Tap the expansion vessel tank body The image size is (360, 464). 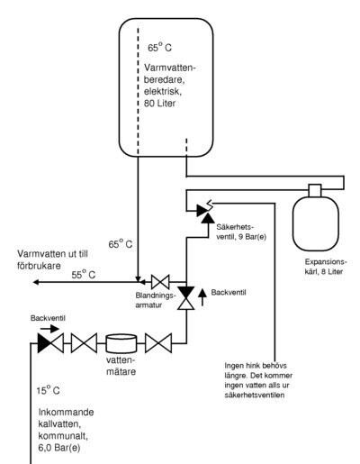pos(315,223)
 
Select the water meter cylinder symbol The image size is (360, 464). pos(121,343)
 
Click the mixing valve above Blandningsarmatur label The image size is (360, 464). pos(160,282)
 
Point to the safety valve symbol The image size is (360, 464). pos(206,212)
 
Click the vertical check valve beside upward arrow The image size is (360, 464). pos(186,298)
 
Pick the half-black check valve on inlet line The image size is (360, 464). pos(50,343)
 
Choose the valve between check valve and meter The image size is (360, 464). pos(84,343)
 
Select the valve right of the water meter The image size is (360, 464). pos(158,343)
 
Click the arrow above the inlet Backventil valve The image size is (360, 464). pos(49,329)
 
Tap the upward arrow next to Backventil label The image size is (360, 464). pos(202,297)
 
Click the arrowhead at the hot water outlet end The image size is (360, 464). pos(35,282)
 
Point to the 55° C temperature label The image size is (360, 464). pos(84,274)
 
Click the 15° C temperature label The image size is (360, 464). pos(48,390)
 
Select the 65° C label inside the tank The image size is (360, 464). pos(159,47)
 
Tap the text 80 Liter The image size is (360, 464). pos(159,104)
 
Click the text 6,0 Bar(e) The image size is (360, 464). pos(59,448)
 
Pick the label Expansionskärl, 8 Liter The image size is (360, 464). pos(326,267)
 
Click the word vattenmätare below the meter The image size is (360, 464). pos(121,366)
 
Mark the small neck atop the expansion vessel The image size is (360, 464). pos(315,190)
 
